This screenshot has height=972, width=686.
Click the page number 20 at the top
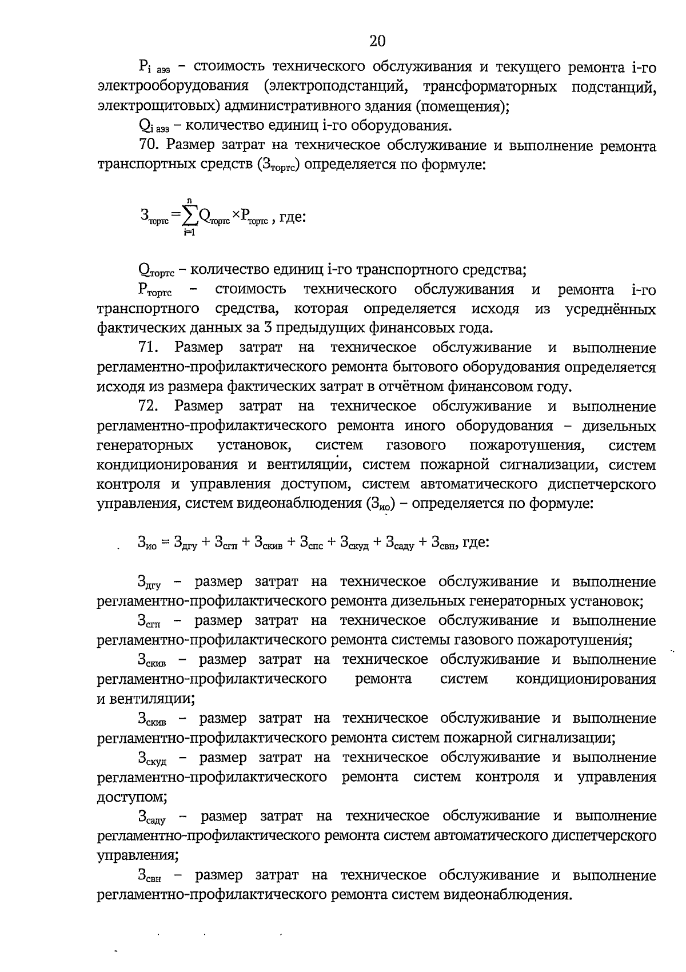tap(377, 41)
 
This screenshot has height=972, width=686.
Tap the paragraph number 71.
tap(149, 348)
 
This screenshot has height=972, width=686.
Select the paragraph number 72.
tap(149, 407)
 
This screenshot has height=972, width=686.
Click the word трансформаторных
tap(490, 86)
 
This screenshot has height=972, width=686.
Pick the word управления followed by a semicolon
tap(135, 856)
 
